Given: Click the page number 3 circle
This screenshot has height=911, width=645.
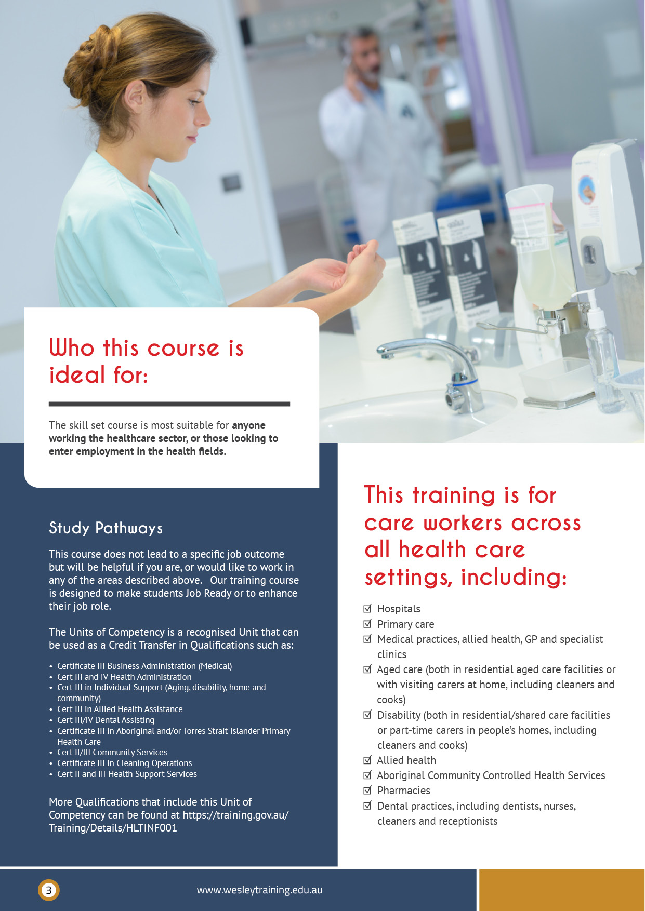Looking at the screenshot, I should point(49,890).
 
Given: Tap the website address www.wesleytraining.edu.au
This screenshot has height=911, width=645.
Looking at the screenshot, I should point(259,890).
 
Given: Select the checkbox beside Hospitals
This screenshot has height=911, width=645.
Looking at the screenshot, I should point(367,608).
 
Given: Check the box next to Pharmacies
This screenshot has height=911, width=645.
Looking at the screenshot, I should point(367,790).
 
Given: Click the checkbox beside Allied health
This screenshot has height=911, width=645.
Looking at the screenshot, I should point(367,760).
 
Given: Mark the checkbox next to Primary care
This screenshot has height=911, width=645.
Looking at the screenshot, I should point(367,623).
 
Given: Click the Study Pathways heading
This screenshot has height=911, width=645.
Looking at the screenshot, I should point(106,528).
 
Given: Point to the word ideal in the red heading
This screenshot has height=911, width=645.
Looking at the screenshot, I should point(77,375).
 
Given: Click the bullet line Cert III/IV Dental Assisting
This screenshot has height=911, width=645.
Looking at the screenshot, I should point(106,720).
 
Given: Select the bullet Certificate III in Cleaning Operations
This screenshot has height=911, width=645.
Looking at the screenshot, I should point(124,763).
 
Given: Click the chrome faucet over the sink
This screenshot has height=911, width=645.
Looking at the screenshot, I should point(442,364).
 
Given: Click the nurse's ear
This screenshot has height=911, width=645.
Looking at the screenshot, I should point(134,99).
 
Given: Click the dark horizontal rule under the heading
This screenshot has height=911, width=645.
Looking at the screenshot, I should point(169,404).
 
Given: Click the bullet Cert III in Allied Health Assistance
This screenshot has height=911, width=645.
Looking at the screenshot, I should point(120,709).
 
